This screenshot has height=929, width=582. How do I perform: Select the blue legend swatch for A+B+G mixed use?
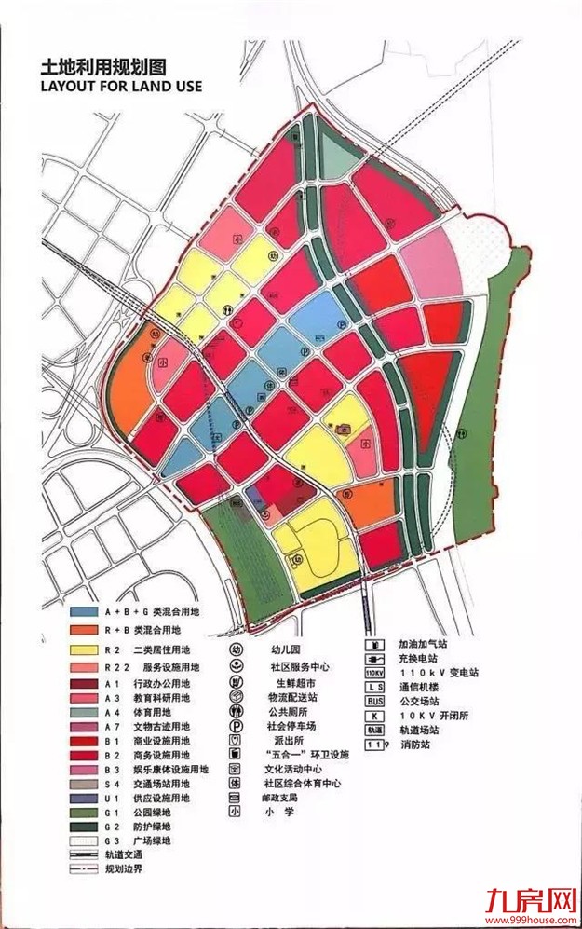coord(89,611)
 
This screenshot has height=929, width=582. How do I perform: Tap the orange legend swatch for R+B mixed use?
coord(89,630)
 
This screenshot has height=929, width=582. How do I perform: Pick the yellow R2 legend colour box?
coord(89,649)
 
